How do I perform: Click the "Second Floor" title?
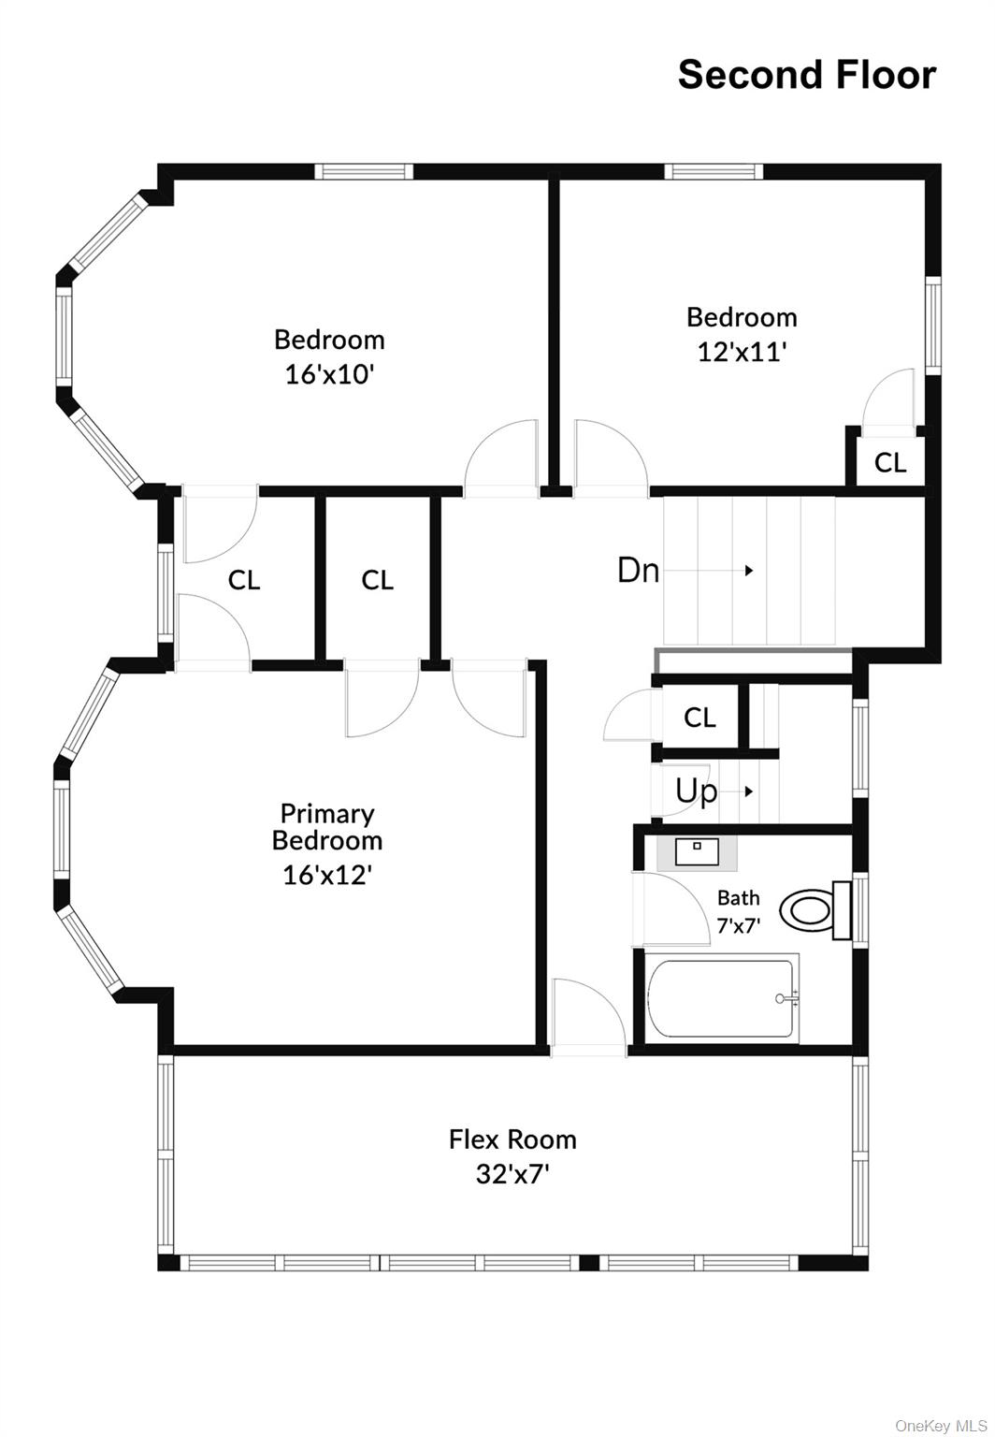(x=806, y=75)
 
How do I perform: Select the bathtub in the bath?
(x=722, y=998)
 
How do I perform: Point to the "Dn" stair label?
(x=638, y=570)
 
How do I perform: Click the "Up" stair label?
(x=696, y=791)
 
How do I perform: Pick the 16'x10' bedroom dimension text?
(x=329, y=374)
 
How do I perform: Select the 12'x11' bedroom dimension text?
(x=742, y=352)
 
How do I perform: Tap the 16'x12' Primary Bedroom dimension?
(x=327, y=875)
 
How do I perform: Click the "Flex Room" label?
(x=512, y=1139)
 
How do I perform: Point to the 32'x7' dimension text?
(x=512, y=1173)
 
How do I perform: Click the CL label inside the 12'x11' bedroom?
(x=889, y=462)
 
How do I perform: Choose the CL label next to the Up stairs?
(x=699, y=718)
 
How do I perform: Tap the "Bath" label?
(x=738, y=898)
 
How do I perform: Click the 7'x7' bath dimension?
(x=738, y=925)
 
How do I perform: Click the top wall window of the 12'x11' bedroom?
(x=714, y=171)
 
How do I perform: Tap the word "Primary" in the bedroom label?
(x=327, y=813)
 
